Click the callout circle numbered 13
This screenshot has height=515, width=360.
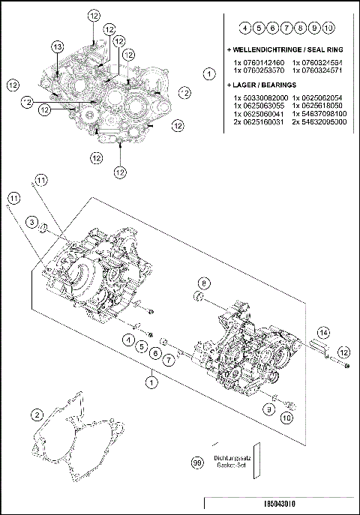pyautogui.click(x=58, y=47)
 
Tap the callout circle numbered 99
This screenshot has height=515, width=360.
pyautogui.click(x=197, y=464)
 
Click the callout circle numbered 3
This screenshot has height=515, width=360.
pyautogui.click(x=31, y=222)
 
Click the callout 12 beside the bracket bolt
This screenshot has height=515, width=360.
pyautogui.click(x=343, y=352)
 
